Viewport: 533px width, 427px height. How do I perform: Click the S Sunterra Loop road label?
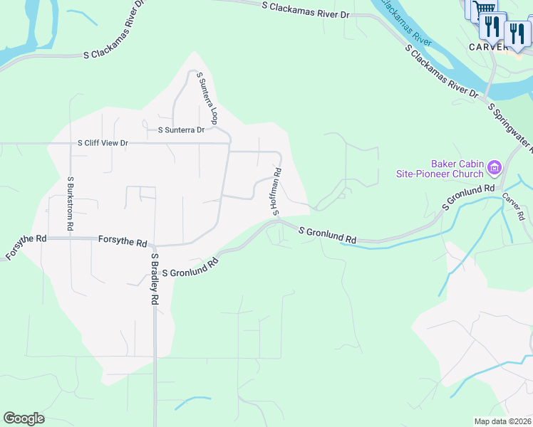(x=207, y=97)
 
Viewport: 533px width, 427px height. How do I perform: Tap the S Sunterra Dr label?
(x=180, y=130)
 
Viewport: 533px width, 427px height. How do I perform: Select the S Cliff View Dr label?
(x=103, y=143)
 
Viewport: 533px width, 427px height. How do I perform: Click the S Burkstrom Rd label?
(x=71, y=203)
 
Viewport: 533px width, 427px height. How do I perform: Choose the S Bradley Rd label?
(x=153, y=279)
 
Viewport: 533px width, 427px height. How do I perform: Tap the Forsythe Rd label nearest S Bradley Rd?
(x=123, y=242)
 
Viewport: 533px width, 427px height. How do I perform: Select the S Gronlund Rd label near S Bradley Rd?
(x=190, y=268)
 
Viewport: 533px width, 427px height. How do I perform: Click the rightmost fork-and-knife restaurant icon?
(x=515, y=31)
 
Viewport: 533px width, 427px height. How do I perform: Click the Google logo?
(x=24, y=418)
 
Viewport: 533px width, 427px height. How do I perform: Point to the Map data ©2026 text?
(x=502, y=421)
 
